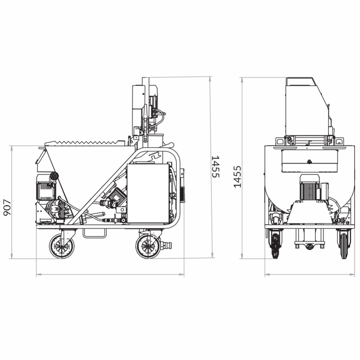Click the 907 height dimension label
[x=7, y=207]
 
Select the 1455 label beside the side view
[x=216, y=166]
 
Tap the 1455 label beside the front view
[x=238, y=176]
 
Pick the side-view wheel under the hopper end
[x=62, y=246]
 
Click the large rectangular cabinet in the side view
[x=148, y=193]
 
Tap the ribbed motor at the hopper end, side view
[x=46, y=187]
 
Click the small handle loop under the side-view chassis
[x=94, y=233]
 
